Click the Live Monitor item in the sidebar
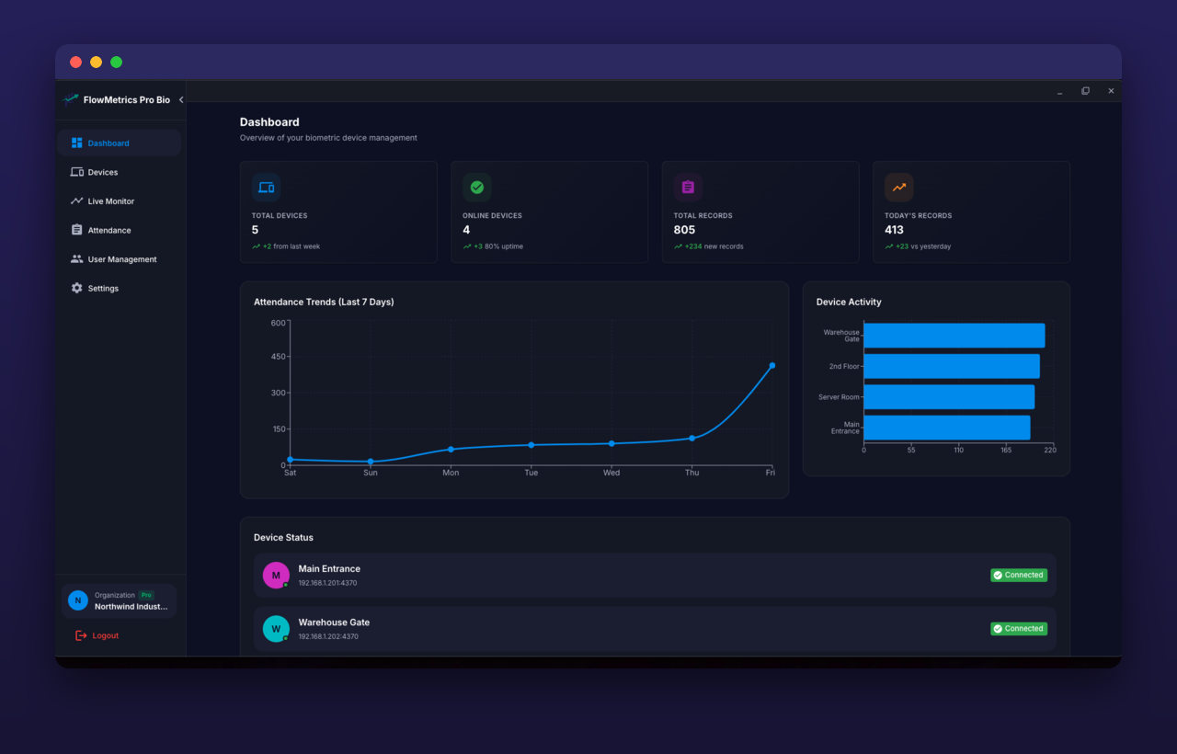[x=102, y=201]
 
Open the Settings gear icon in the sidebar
[x=76, y=288]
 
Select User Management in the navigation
[x=113, y=259]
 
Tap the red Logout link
[x=97, y=635]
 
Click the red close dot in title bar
[x=75, y=62]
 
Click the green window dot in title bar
[x=116, y=62]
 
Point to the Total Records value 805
[x=684, y=230]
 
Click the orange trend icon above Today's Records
[x=898, y=187]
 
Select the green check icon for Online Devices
[x=477, y=187]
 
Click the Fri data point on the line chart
[x=771, y=366]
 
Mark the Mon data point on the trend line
[x=451, y=450]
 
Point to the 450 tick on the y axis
[x=278, y=357]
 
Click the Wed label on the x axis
[x=611, y=473]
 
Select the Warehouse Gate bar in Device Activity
[x=954, y=336]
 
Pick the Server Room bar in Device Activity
[x=949, y=396]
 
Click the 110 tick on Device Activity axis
[x=958, y=451]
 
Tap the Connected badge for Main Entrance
[x=1019, y=575]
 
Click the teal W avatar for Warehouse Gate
[x=276, y=629]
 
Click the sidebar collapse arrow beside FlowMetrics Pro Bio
[x=181, y=100]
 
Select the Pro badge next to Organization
[x=146, y=595]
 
